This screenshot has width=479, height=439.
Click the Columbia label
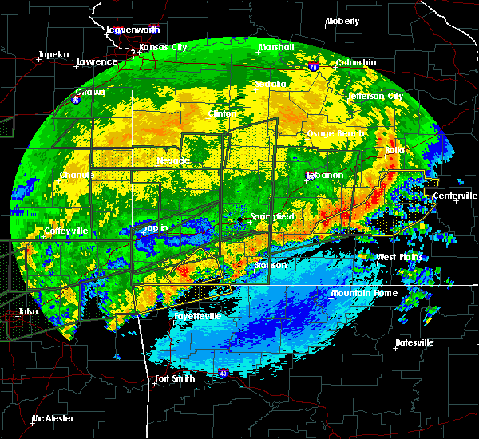355,62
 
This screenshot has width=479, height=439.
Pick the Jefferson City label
375,96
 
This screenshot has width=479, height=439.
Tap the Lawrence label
97,61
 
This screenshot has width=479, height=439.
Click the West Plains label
398,257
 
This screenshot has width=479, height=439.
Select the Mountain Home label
364,293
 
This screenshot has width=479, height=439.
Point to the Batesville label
414,342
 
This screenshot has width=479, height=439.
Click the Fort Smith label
175,378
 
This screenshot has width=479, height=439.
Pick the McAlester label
53,418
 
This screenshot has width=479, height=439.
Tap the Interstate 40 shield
224,372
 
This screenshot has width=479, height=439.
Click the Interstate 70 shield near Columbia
314,68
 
